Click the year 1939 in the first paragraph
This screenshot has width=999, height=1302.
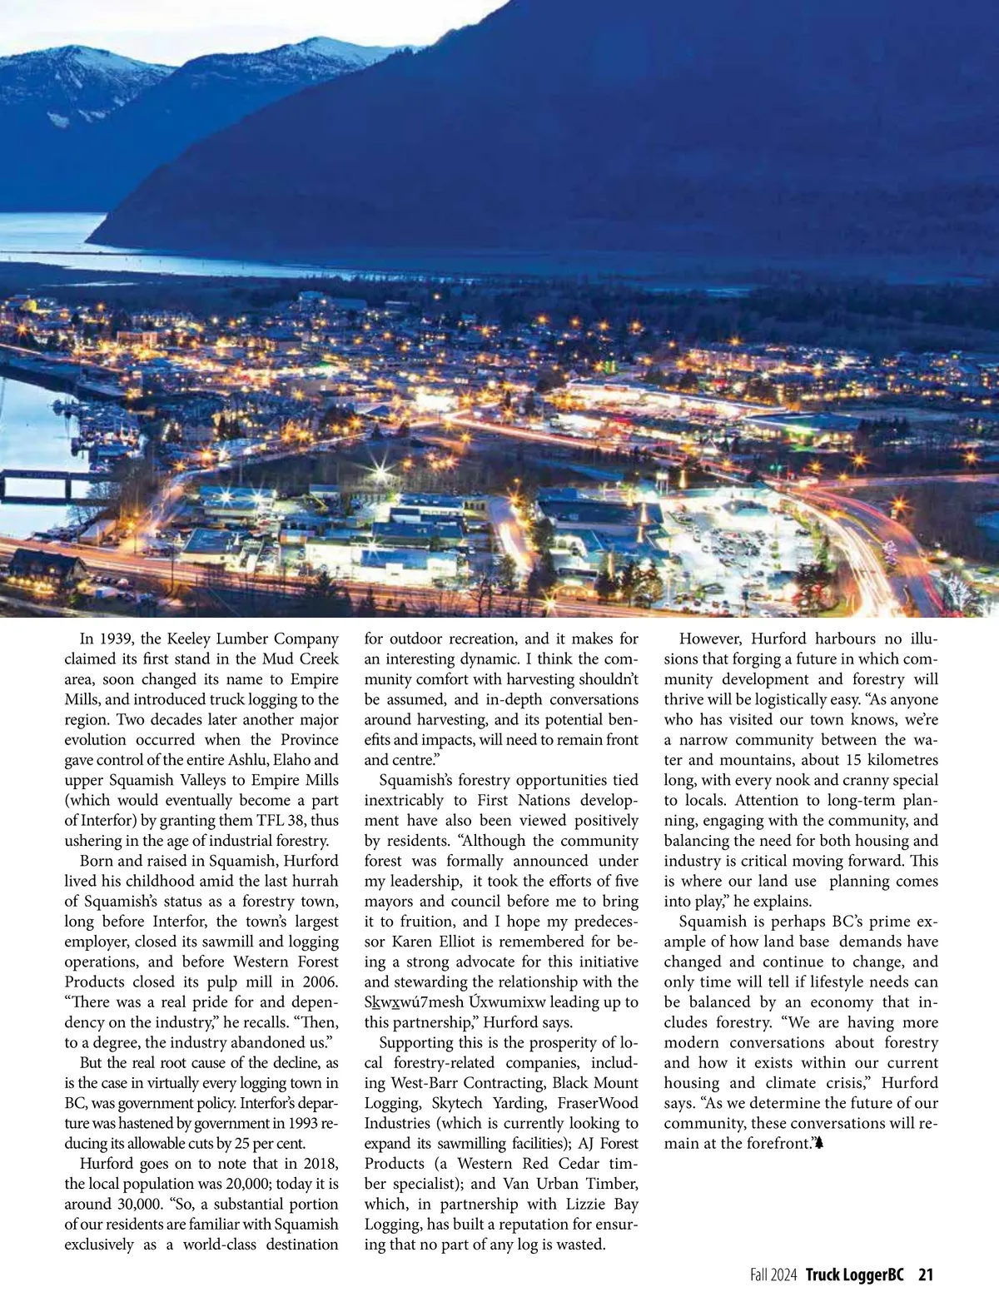[117, 639]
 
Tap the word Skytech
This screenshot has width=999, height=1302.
[457, 1104]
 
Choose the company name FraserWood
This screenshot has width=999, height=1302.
[595, 1104]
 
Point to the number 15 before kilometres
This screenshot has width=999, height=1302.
[853, 760]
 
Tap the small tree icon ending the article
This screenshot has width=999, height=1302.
[819, 1144]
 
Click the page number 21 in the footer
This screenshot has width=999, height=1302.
[926, 1275]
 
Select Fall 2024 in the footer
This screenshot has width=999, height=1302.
[773, 1275]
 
